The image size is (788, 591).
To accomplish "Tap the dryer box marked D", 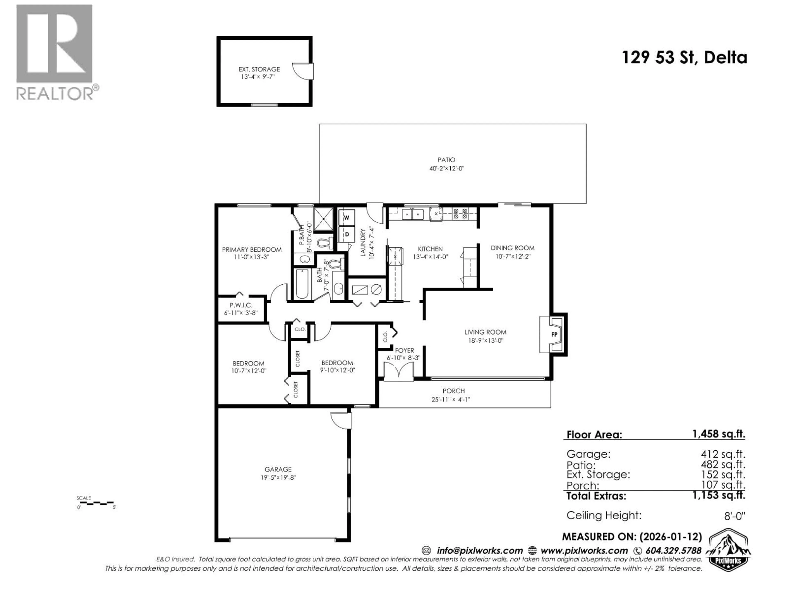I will click(346, 234).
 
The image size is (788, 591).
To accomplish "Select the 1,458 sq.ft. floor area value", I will click(718, 434).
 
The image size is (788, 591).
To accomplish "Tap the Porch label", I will click(454, 391).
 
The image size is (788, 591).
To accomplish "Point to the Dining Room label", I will click(512, 248).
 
